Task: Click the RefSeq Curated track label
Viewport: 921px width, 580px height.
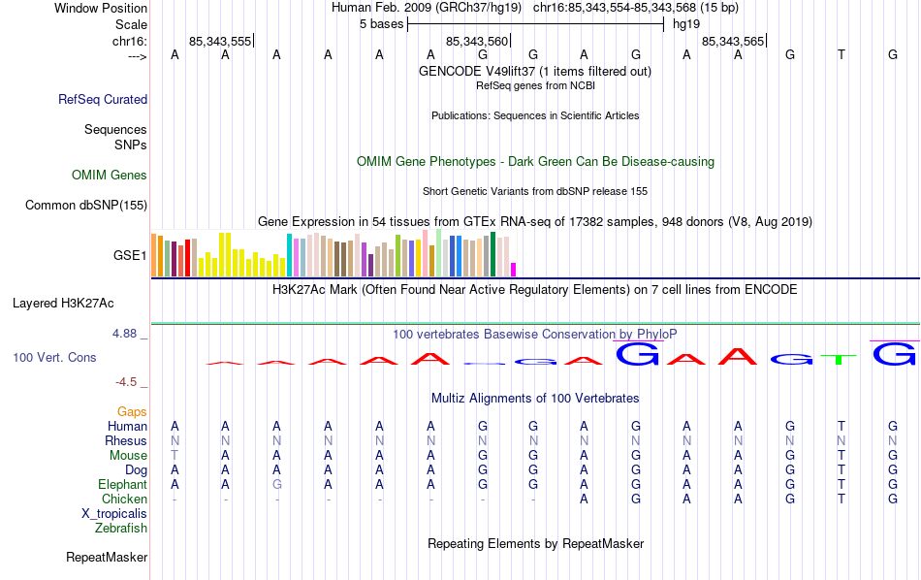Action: tap(103, 99)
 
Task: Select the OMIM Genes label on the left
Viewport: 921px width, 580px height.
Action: tap(110, 176)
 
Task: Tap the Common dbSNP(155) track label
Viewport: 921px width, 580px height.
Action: tap(86, 205)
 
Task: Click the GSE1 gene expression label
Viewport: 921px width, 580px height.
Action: tap(130, 256)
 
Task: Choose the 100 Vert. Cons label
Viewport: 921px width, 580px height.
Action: tap(54, 358)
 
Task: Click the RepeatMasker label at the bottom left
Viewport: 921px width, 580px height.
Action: tap(107, 558)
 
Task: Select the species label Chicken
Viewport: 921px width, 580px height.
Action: tap(124, 499)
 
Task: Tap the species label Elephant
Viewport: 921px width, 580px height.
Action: tap(122, 484)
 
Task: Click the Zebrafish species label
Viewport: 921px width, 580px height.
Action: tap(121, 528)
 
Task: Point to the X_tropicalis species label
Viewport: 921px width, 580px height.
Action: tap(114, 513)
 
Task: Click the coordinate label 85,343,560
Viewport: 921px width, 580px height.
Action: tap(476, 42)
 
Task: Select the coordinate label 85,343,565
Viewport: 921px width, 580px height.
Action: tap(732, 42)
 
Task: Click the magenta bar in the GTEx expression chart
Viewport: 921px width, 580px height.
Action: tap(514, 269)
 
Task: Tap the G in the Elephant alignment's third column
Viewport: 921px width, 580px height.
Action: tap(276, 484)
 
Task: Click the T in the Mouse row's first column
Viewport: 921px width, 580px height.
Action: tap(175, 455)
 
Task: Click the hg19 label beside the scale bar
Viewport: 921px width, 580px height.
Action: tap(686, 22)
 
